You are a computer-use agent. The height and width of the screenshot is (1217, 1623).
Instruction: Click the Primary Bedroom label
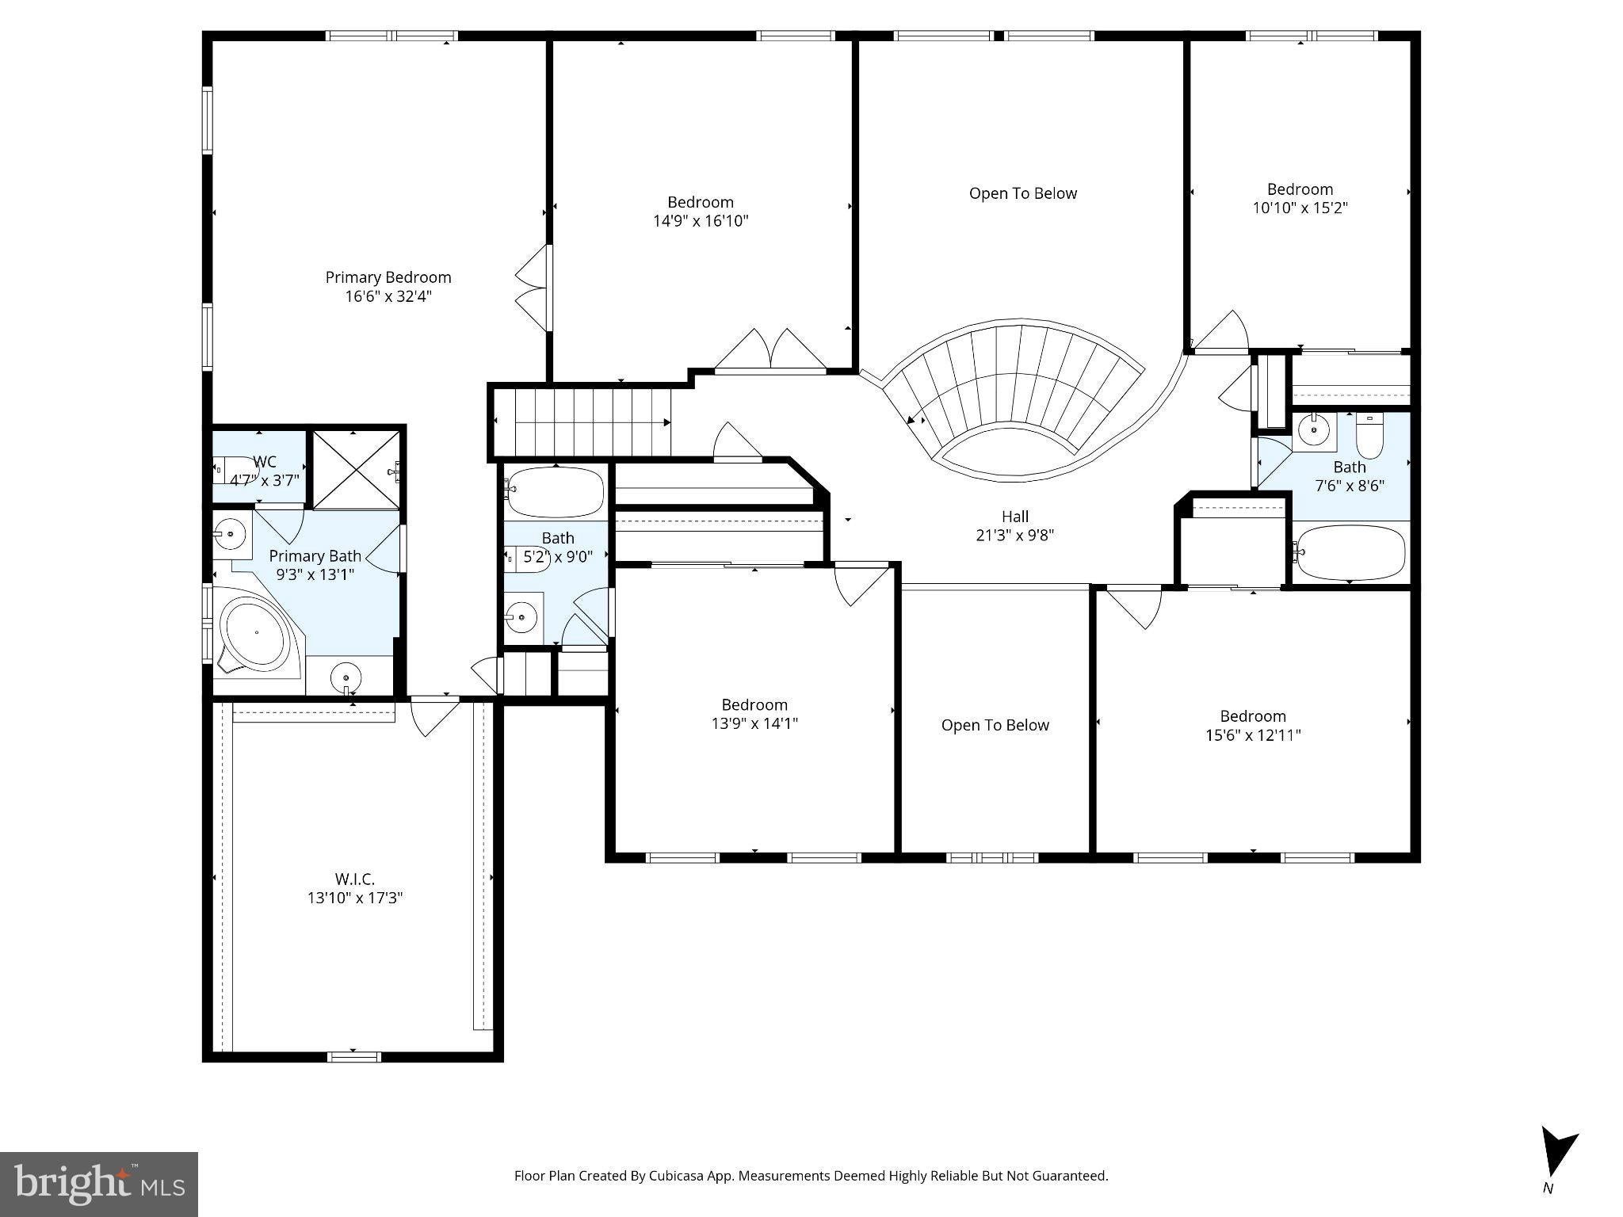coord(388,277)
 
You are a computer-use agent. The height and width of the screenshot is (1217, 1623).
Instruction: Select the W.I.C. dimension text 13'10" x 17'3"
coord(355,898)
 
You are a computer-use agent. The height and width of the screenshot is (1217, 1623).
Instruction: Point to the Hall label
coord(1014,517)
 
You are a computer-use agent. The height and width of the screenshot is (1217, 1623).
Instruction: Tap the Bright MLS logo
coord(99,1184)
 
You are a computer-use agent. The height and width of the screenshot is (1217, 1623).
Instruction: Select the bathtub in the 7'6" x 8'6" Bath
coord(1349,552)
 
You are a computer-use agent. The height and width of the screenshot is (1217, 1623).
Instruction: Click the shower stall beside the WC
coord(357,470)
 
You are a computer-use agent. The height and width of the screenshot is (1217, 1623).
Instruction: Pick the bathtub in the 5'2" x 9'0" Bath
coord(555,492)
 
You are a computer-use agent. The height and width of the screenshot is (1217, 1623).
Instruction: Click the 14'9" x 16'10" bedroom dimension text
coord(701,221)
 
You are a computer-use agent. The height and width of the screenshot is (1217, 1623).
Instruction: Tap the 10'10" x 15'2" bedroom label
coord(1300,199)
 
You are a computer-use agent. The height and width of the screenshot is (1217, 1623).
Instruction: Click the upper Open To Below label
coord(1023,193)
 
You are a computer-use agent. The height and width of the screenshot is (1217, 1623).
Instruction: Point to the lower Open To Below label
coord(995,725)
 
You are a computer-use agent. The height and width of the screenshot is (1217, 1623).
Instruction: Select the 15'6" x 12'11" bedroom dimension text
coord(1253,735)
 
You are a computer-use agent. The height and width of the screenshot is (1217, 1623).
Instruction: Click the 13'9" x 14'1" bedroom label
coord(754,714)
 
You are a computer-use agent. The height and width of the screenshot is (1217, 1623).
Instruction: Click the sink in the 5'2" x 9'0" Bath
coord(521,616)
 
